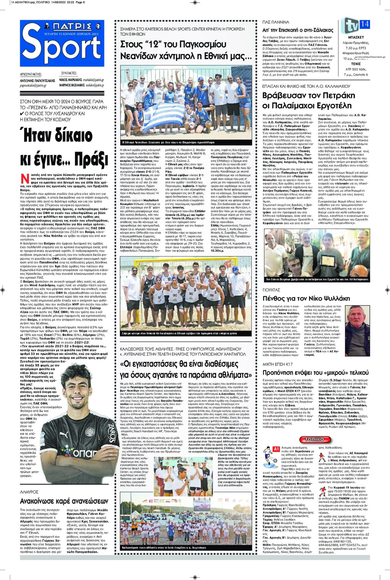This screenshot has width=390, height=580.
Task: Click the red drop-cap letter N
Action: click(25, 179)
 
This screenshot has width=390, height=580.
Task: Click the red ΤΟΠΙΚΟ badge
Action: click(315, 439)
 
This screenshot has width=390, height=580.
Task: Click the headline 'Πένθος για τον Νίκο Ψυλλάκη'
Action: click(306, 298)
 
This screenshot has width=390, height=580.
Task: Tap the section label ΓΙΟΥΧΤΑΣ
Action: click(271, 290)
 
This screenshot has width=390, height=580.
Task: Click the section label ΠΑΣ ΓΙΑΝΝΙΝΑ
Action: click(276, 22)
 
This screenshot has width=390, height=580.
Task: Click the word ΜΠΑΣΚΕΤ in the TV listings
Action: click(356, 37)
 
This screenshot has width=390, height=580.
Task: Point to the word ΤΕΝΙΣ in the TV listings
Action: click(356, 64)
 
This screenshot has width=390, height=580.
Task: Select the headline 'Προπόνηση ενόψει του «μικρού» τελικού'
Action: click(316, 372)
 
